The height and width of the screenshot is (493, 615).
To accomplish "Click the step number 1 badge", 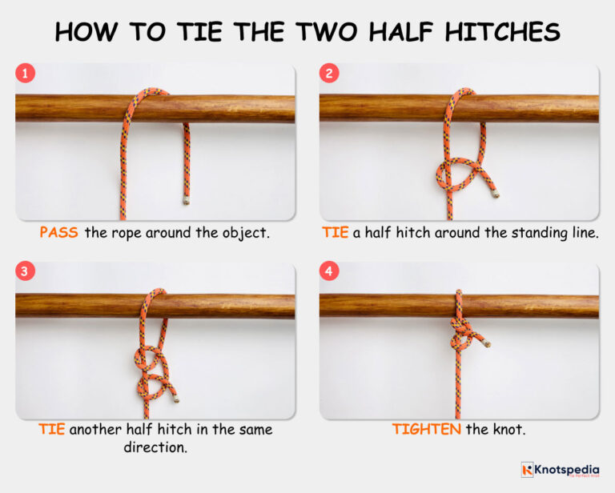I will click(x=26, y=74).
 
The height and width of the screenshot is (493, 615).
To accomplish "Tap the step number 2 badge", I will click(x=330, y=74).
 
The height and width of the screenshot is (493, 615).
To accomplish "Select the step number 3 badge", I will click(x=26, y=271).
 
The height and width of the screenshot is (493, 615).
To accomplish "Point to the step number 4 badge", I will click(x=330, y=271).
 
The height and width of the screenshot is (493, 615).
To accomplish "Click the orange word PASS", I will click(x=58, y=233).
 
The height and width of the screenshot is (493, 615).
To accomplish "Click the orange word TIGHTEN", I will click(x=427, y=430).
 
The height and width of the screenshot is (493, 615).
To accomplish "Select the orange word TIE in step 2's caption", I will click(x=336, y=233).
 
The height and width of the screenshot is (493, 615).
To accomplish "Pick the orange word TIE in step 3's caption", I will click(x=52, y=430).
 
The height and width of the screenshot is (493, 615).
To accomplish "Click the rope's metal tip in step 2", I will click(x=497, y=194).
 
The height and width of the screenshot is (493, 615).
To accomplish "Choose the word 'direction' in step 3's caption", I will click(x=154, y=447).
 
